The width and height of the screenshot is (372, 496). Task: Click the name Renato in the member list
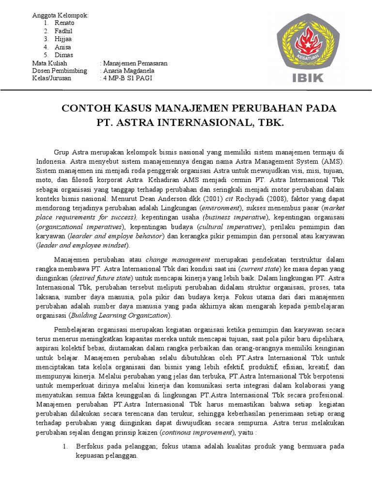pyautogui.click(x=65, y=23)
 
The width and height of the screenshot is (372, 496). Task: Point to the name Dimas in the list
pyautogui.click(x=64, y=55)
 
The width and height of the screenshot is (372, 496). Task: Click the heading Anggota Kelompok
pyautogui.click(x=59, y=15)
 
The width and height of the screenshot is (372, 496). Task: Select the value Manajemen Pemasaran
pyautogui.click(x=133, y=63)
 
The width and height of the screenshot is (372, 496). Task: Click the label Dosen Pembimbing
pyautogui.click(x=60, y=71)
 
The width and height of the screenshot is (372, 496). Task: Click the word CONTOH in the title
pyautogui.click(x=83, y=107)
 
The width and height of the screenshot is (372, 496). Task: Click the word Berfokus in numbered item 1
pyautogui.click(x=89, y=447)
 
